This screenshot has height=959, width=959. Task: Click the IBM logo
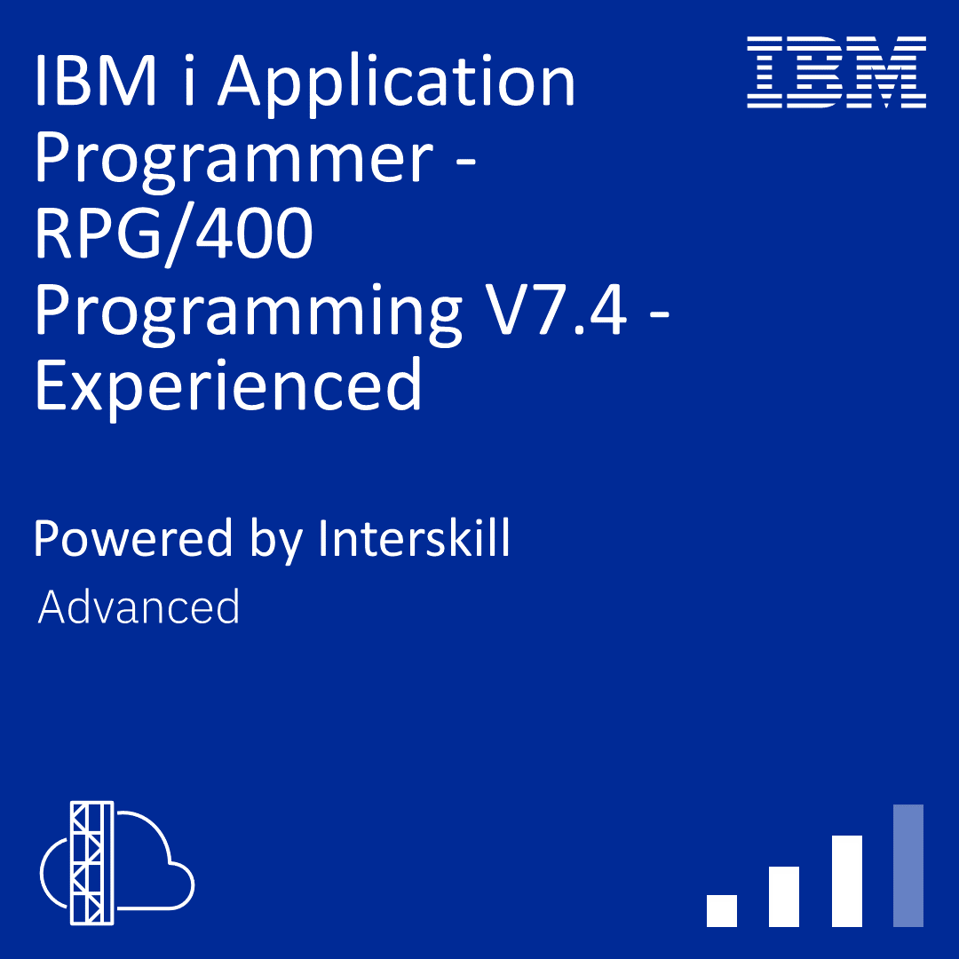tap(836, 72)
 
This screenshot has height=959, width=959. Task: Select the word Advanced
tap(139, 607)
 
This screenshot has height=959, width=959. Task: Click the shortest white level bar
tap(722, 910)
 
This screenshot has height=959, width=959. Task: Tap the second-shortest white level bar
tap(784, 896)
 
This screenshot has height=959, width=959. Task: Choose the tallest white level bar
tap(847, 881)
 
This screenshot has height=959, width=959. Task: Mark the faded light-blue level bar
tap(908, 865)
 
